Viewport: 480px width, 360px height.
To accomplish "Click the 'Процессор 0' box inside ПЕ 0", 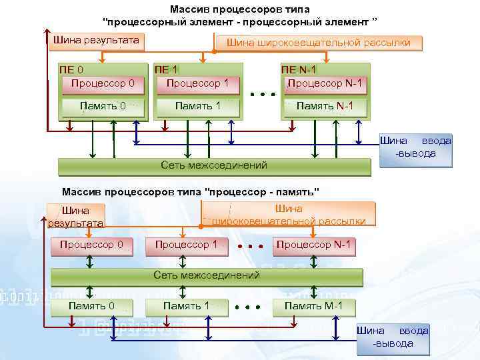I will pyautogui.click(x=103, y=84).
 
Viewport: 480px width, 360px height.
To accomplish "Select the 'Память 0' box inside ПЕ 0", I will pyautogui.click(x=103, y=106).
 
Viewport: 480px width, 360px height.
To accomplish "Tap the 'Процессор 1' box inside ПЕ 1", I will pyautogui.click(x=197, y=84).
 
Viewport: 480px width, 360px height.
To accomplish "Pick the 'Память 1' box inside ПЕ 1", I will pyautogui.click(x=197, y=106).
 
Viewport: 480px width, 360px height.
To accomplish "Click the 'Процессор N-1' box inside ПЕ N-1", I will pyautogui.click(x=325, y=84).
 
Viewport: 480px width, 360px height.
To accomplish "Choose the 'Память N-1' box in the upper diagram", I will pyautogui.click(x=325, y=106).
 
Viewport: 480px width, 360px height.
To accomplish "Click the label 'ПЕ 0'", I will pyautogui.click(x=71, y=69).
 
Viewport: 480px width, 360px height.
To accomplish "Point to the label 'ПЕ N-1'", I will pyautogui.click(x=299, y=69).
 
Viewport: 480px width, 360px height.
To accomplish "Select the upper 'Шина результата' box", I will pyautogui.click(x=96, y=41).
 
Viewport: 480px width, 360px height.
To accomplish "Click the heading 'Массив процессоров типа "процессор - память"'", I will pyautogui.click(x=191, y=192).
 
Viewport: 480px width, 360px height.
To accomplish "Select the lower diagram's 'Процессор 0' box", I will pyautogui.click(x=91, y=245).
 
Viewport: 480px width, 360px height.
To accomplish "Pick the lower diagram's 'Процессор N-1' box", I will pyautogui.click(x=313, y=245).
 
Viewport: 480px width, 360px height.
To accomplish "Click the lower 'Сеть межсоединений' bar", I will pyautogui.click(x=207, y=276).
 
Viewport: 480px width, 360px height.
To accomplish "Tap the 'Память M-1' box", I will pyautogui.click(x=313, y=307).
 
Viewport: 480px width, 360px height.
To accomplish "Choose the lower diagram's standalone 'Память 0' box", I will pyautogui.click(x=91, y=307).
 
